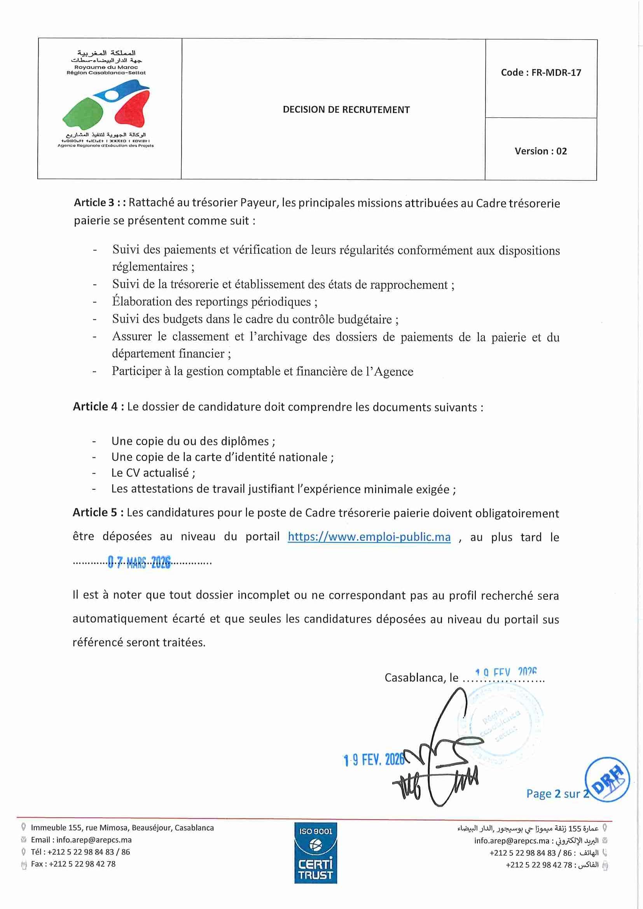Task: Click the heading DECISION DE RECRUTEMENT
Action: click(346, 110)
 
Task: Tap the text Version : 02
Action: click(540, 151)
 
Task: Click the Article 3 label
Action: click(94, 203)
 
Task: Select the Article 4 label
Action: click(95, 407)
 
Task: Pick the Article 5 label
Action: click(95, 513)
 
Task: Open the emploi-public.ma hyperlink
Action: click(369, 537)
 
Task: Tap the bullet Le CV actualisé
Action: click(153, 473)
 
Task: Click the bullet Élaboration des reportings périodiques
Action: click(214, 302)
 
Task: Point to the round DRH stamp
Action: click(606, 780)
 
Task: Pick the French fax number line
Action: click(73, 864)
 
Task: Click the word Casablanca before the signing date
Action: click(415, 678)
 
